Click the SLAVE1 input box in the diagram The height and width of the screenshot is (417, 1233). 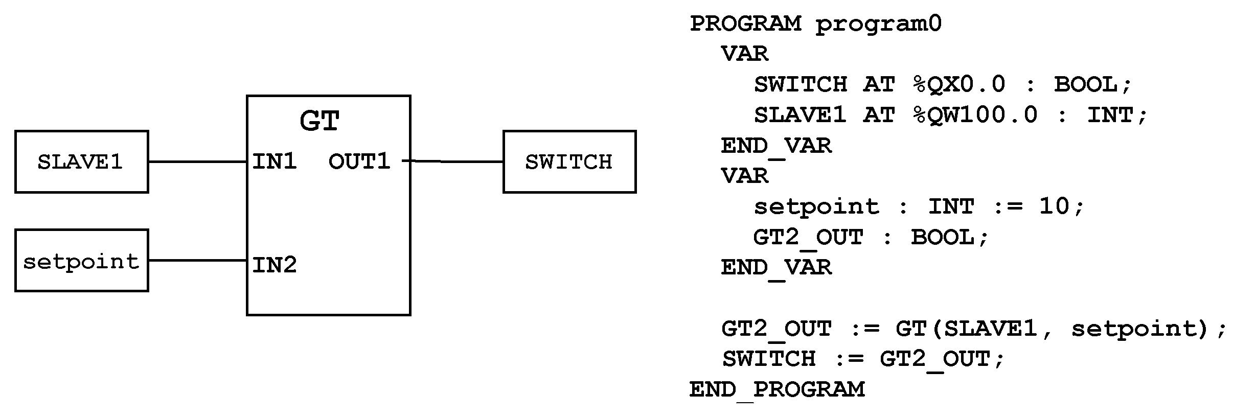pyautogui.click(x=81, y=161)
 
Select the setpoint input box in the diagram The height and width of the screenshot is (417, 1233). pyautogui.click(x=81, y=261)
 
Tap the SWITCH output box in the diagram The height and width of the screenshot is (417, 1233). pyautogui.click(x=569, y=161)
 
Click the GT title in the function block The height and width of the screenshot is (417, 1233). pyautogui.click(x=319, y=121)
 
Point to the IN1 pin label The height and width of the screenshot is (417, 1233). pyautogui.click(x=275, y=161)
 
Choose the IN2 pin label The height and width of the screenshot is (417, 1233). pyautogui.click(x=275, y=265)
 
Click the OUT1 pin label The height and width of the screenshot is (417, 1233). pyautogui.click(x=359, y=161)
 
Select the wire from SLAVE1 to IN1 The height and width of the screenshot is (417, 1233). pyautogui.click(x=197, y=161)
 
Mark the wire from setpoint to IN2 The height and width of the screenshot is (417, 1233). pyautogui.click(x=197, y=260)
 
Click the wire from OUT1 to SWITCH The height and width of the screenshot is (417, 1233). pyautogui.click(x=456, y=161)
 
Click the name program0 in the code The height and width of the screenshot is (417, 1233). pyautogui.click(x=878, y=24)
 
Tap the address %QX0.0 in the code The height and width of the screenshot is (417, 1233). pyautogui.click(x=959, y=84)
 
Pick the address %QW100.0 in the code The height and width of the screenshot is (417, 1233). pyautogui.click(x=975, y=114)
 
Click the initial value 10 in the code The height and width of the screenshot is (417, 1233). pyautogui.click(x=1054, y=206)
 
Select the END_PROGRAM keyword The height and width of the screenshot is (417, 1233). pyautogui.click(x=777, y=389)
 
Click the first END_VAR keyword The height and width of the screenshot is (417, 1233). pyautogui.click(x=776, y=146)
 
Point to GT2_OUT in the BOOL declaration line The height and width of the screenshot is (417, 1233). pyautogui.click(x=808, y=237)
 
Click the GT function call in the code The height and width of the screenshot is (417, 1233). pyautogui.click(x=911, y=328)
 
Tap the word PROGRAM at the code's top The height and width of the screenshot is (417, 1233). pyautogui.click(x=745, y=24)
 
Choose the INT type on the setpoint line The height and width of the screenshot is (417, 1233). pyautogui.click(x=951, y=206)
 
